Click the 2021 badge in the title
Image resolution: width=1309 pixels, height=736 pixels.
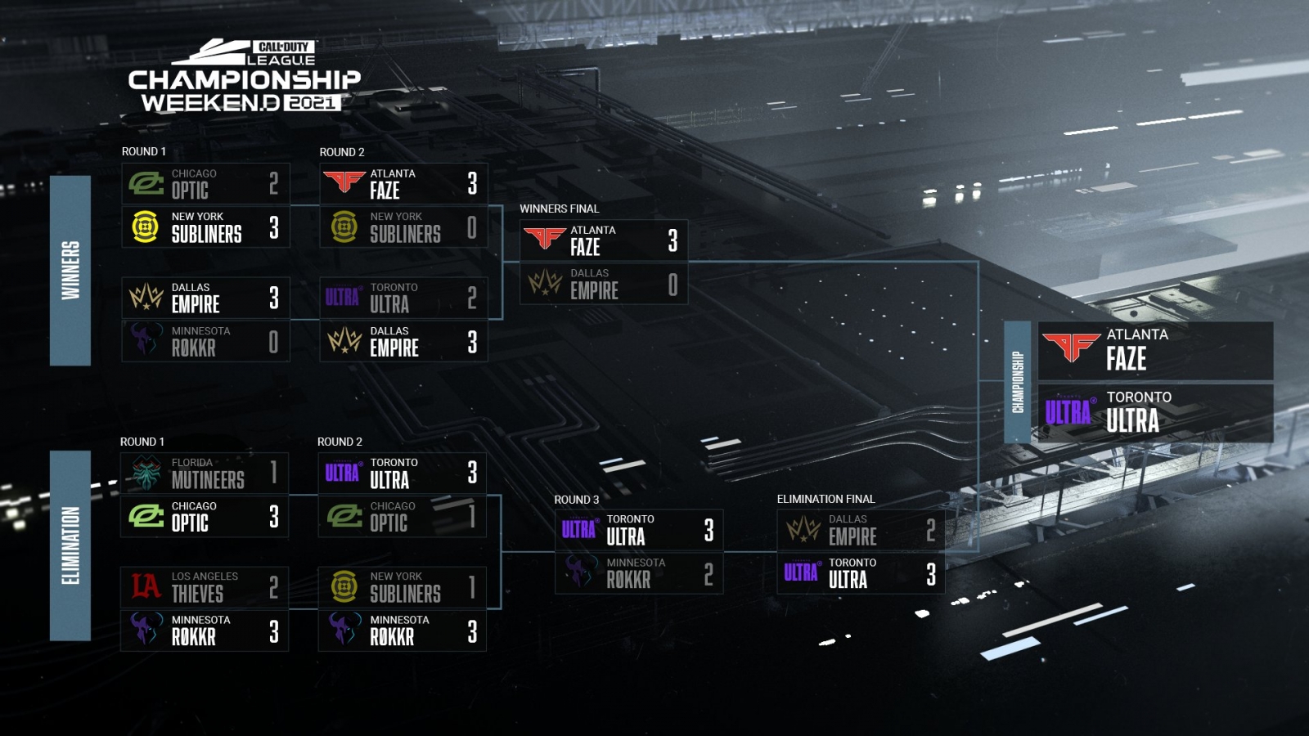click(x=313, y=103)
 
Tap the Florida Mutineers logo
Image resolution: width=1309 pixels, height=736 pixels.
click(x=146, y=473)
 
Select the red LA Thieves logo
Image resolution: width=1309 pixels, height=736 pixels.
click(x=146, y=586)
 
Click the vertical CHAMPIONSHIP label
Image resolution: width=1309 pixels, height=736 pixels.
click(x=1018, y=382)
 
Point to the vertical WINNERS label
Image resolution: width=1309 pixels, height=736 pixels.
click(x=70, y=270)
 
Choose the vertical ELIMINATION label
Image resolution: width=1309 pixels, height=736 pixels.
click(x=70, y=545)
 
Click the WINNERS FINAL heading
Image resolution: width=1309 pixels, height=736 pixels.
click(x=560, y=209)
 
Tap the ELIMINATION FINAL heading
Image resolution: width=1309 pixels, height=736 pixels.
click(x=825, y=499)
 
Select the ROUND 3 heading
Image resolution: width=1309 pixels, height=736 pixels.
click(x=577, y=500)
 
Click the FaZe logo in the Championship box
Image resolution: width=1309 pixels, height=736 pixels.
click(x=1071, y=347)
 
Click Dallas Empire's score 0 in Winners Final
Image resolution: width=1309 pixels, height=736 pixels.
click(x=672, y=285)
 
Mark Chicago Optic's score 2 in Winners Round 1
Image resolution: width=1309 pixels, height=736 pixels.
click(x=273, y=183)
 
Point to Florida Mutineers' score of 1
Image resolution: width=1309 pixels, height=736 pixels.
click(x=273, y=473)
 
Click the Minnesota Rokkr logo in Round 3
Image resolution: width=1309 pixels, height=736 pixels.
click(x=580, y=572)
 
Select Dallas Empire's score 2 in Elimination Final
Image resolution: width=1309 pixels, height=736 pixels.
click(x=930, y=531)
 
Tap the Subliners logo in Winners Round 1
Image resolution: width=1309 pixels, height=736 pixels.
click(x=146, y=227)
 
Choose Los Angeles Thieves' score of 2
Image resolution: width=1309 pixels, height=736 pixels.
click(x=273, y=587)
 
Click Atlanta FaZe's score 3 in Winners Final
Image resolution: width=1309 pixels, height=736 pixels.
click(x=672, y=240)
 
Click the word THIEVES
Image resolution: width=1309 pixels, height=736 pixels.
click(x=197, y=594)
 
